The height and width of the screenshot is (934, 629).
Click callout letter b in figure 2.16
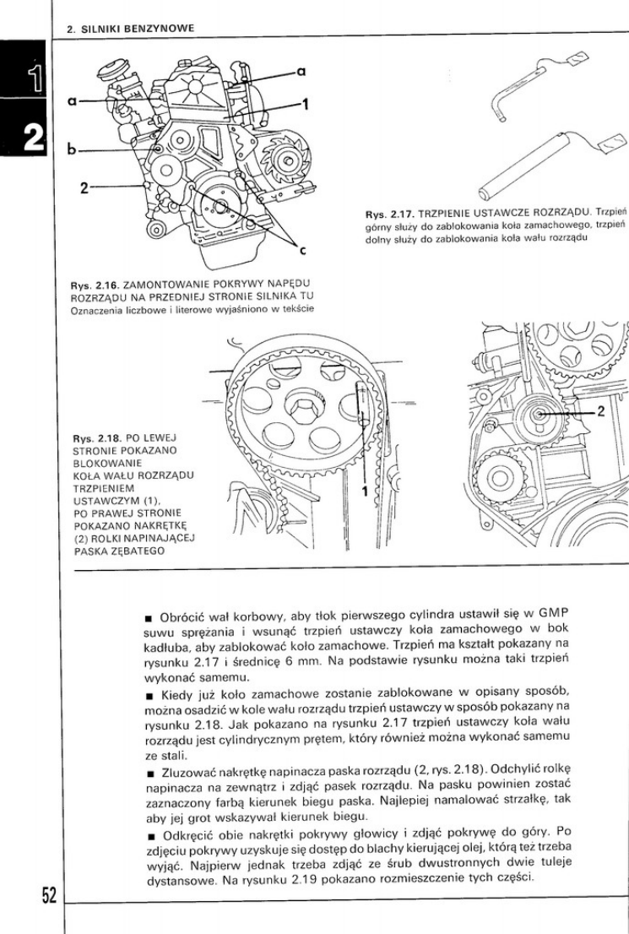click(73, 151)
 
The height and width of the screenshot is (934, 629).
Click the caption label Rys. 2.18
click(95, 439)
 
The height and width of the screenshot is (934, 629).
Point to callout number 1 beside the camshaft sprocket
click(366, 489)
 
